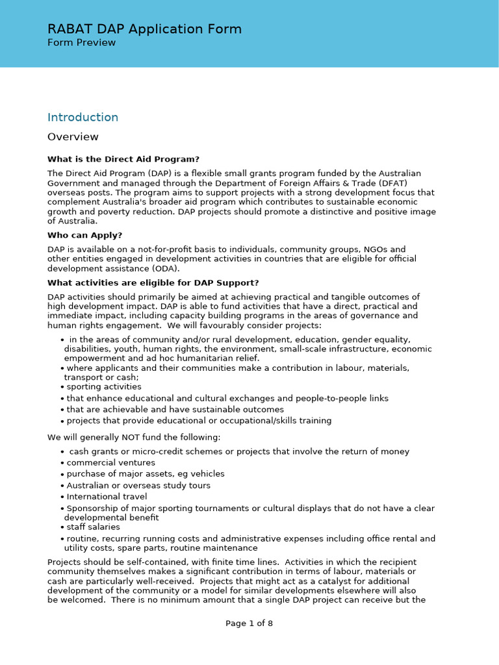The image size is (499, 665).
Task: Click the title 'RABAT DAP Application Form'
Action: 144,29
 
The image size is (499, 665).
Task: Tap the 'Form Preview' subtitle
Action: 81,43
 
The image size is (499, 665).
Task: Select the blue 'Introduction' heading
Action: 83,118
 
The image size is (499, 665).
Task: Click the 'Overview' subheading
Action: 73,137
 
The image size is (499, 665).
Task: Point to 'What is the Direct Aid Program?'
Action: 123,159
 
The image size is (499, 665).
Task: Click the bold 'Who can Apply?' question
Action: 84,235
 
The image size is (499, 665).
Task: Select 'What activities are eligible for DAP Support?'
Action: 153,282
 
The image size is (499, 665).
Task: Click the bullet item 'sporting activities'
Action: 103,387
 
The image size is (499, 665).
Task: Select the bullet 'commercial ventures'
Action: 110,463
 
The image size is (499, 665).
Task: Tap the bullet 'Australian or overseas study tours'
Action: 138,486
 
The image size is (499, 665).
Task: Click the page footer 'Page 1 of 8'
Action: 249,623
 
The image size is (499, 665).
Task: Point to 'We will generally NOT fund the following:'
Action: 133,437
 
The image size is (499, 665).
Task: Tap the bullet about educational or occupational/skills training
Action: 199,421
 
